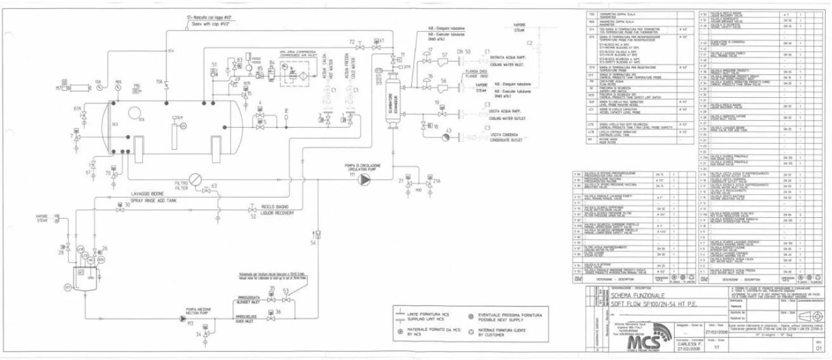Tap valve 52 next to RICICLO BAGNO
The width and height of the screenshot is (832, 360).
252,209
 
